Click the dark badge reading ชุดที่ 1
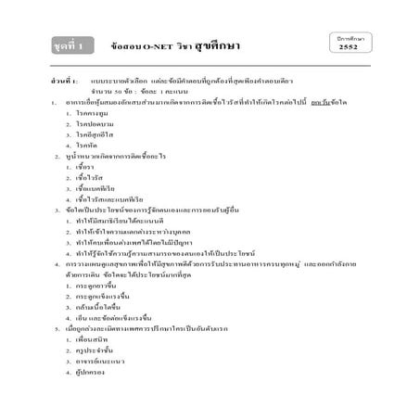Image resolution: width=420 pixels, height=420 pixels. [x=71, y=45]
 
